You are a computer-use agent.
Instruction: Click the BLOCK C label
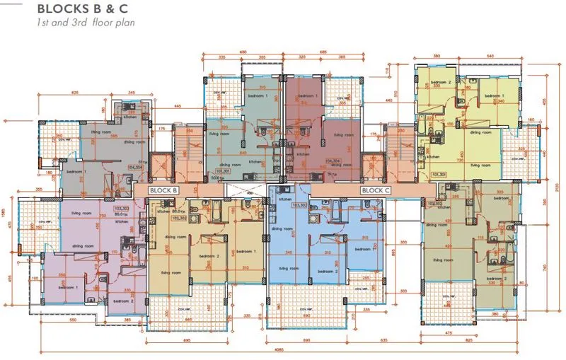tap(376, 190)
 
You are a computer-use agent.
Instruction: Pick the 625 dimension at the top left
tap(74, 93)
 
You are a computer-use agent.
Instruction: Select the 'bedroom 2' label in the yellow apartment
tap(440, 82)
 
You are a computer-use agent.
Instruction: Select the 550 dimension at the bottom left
tap(72, 320)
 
